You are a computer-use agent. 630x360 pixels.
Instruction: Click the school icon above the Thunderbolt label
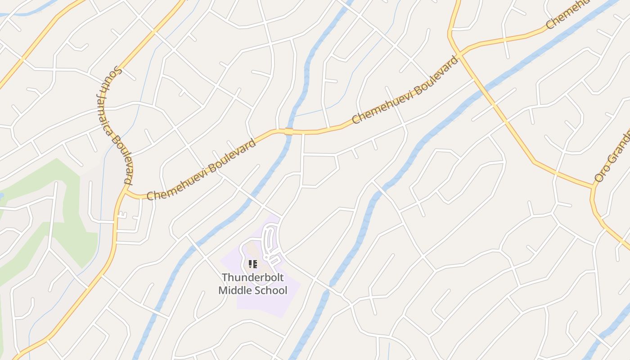pos(252,264)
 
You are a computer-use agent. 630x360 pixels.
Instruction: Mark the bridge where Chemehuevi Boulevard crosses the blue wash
pos(288,131)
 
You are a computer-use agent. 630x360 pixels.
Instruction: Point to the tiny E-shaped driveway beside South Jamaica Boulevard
pos(122,216)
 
